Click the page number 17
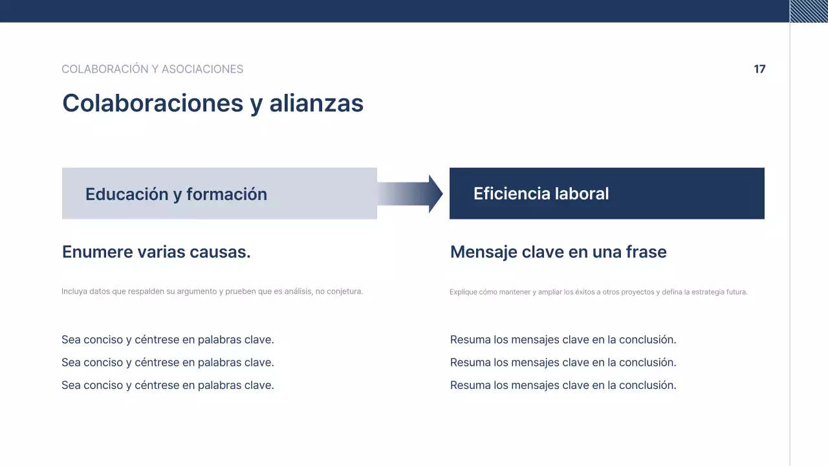(759, 69)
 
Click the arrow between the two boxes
(411, 194)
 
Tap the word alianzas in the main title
(316, 104)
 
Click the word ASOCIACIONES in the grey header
(202, 69)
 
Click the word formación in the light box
(226, 194)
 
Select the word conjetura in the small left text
(345, 292)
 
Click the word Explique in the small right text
(463, 293)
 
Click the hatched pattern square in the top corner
(809, 11)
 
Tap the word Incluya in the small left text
(73, 292)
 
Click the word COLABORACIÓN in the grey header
(104, 69)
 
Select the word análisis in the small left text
(299, 292)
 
